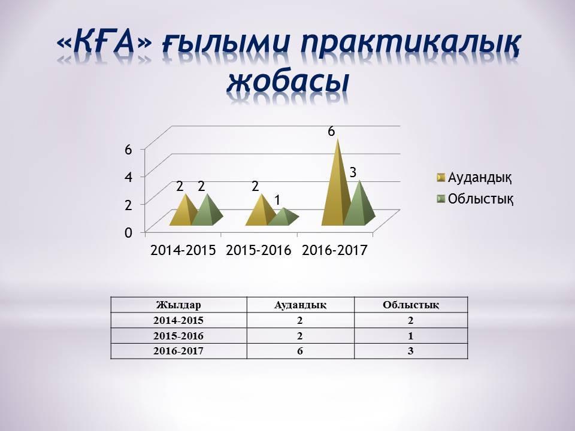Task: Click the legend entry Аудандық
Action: tap(474, 177)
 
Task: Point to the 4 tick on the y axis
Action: tap(128, 177)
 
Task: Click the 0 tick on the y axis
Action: tap(128, 233)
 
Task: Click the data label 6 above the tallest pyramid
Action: tap(331, 130)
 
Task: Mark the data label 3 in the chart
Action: tap(353, 172)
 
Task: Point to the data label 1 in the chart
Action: tap(279, 198)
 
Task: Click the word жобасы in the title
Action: tap(287, 81)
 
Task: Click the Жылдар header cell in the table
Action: tap(178, 305)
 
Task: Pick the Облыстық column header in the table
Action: tap(411, 305)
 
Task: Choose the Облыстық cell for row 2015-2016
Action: tap(411, 336)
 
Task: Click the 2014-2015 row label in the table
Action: tap(178, 320)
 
